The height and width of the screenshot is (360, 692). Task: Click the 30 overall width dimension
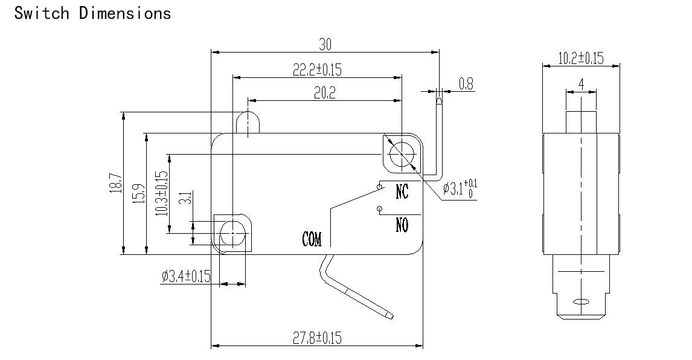[x=325, y=44]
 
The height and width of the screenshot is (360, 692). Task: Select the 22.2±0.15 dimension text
[x=317, y=69]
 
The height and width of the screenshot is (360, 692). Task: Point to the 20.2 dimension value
[x=325, y=92]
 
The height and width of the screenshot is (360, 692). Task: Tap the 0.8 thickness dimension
[x=466, y=83]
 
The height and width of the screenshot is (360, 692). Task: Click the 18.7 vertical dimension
[x=115, y=182]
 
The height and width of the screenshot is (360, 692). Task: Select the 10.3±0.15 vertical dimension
[x=161, y=193]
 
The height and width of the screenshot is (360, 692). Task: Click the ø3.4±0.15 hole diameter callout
[x=186, y=276]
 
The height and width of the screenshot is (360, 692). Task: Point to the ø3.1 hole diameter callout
[x=460, y=188]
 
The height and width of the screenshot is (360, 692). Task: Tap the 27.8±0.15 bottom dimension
[x=317, y=338]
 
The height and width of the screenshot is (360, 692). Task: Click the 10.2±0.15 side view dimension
[x=581, y=58]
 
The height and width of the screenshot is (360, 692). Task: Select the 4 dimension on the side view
[x=581, y=84]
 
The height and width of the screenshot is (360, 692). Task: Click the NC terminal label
[x=402, y=191]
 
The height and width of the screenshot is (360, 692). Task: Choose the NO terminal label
[x=402, y=225]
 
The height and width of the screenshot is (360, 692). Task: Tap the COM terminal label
[x=312, y=239]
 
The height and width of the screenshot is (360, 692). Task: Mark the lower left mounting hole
[x=232, y=233]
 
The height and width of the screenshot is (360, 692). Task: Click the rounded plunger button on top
[x=248, y=123]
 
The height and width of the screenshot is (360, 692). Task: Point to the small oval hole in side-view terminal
[x=581, y=303]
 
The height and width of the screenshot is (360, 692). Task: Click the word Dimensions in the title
[x=125, y=13]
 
